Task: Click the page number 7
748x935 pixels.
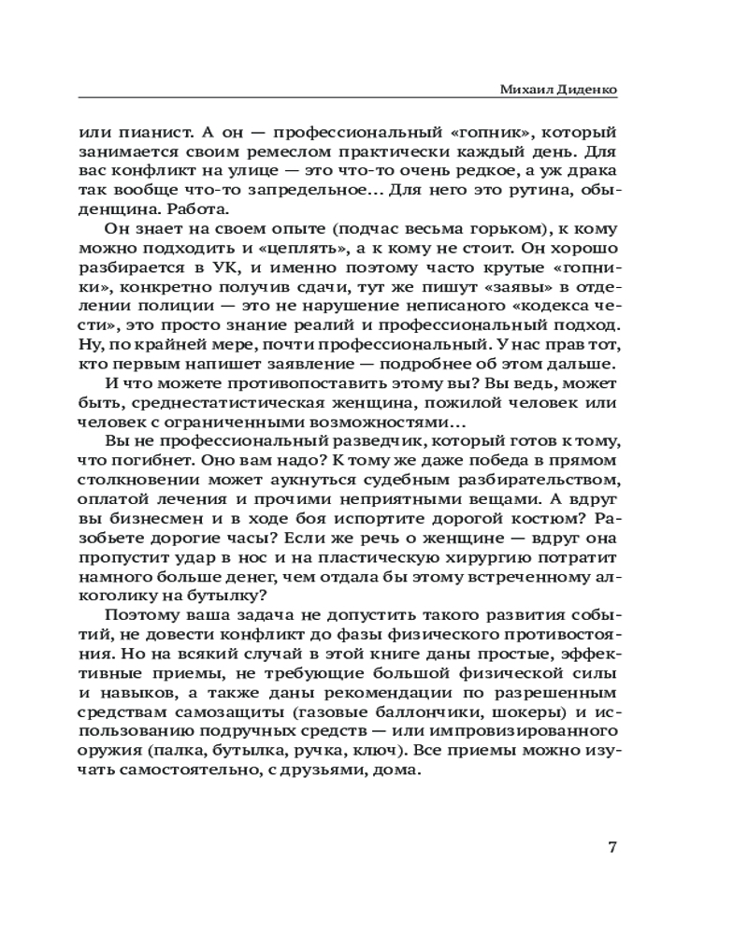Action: coord(611,849)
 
